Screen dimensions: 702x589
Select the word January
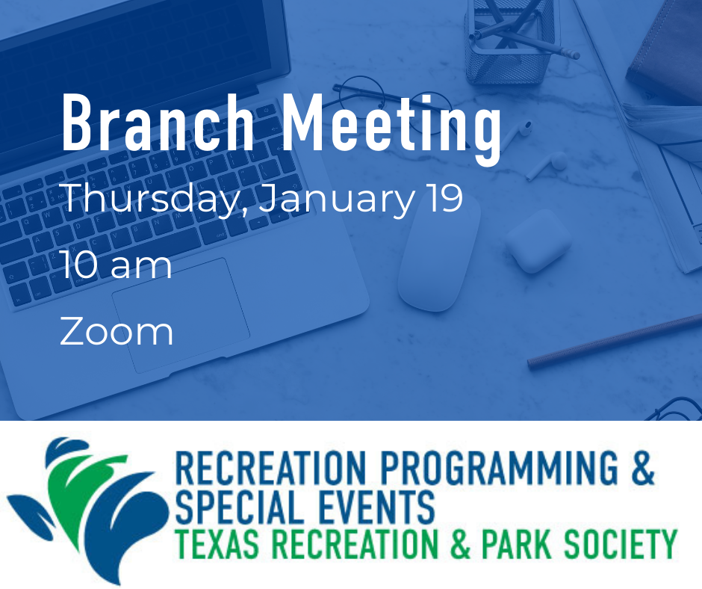[337, 199]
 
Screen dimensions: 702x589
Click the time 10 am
[117, 265]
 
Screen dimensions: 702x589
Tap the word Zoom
[117, 332]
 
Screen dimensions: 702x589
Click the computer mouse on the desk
[439, 252]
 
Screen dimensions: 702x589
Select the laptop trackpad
[181, 315]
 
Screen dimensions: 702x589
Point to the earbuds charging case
[538, 240]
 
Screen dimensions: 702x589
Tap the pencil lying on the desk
[614, 342]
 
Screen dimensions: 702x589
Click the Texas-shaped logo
[88, 509]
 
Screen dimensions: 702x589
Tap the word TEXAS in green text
[217, 544]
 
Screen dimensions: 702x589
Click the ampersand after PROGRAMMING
[643, 468]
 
